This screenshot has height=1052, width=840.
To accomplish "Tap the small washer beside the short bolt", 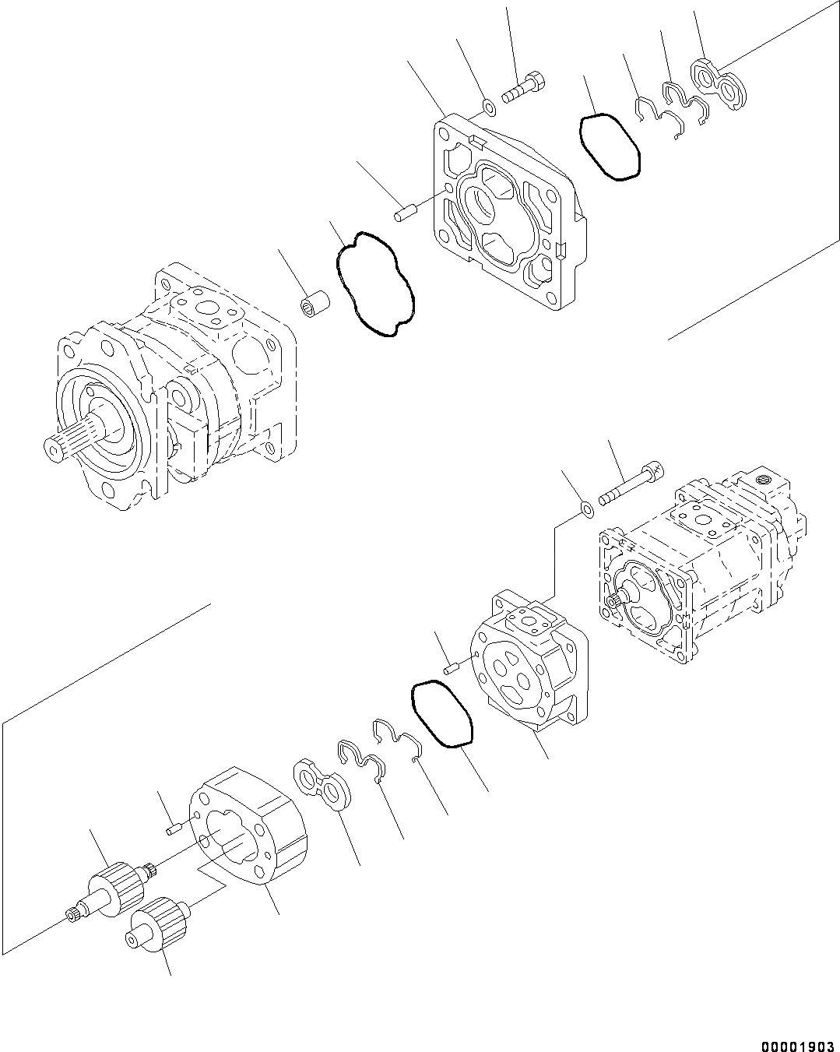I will tap(488, 106).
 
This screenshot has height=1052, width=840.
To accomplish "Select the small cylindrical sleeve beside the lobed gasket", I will tap(315, 301).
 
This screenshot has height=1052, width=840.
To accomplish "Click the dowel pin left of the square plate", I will tap(402, 212).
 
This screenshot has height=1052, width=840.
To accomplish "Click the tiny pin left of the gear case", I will tap(174, 830).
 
